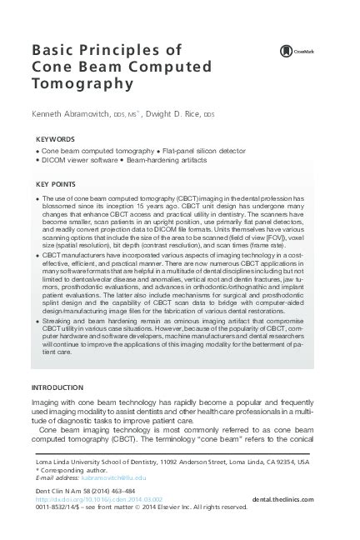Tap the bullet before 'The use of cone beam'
pyautogui.click(x=40, y=199)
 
